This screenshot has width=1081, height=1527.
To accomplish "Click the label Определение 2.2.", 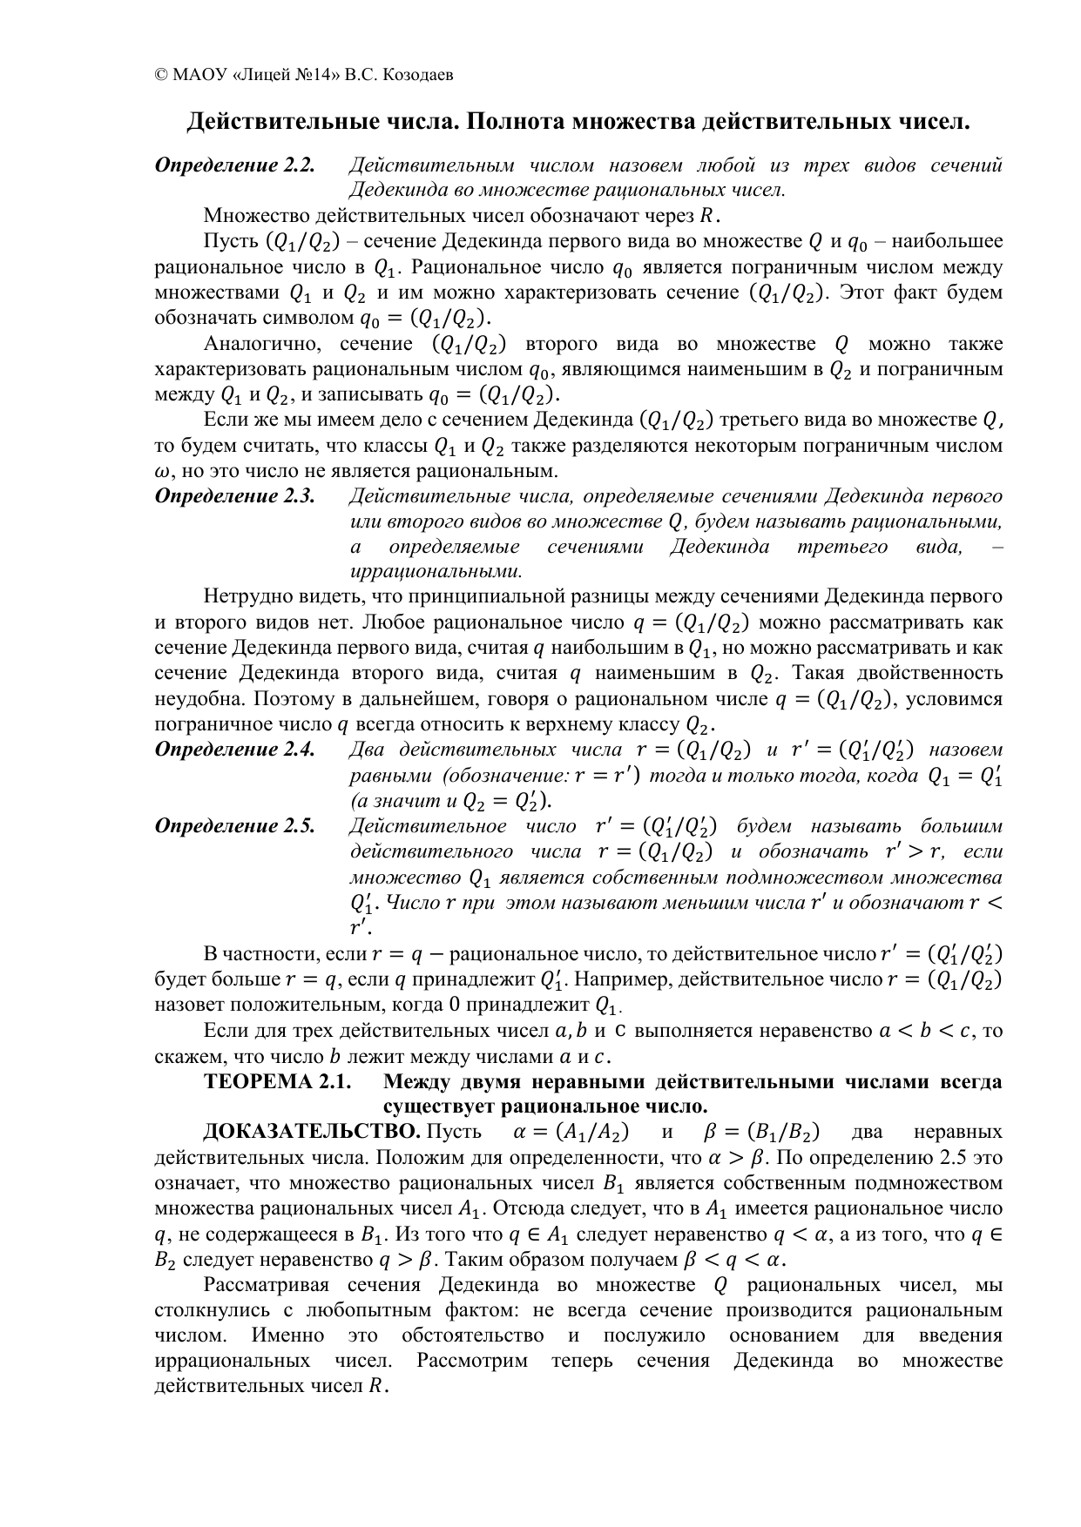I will pyautogui.click(x=233, y=165).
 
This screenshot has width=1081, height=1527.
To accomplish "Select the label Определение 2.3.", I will pyautogui.click(x=233, y=496).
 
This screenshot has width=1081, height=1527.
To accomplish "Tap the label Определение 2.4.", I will pyautogui.click(x=233, y=750).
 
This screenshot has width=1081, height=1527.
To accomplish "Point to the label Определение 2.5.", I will pyautogui.click(x=233, y=826).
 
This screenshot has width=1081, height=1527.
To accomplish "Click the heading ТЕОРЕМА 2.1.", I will pyautogui.click(x=276, y=1082).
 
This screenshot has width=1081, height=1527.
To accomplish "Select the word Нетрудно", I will pyautogui.click(x=246, y=597).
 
